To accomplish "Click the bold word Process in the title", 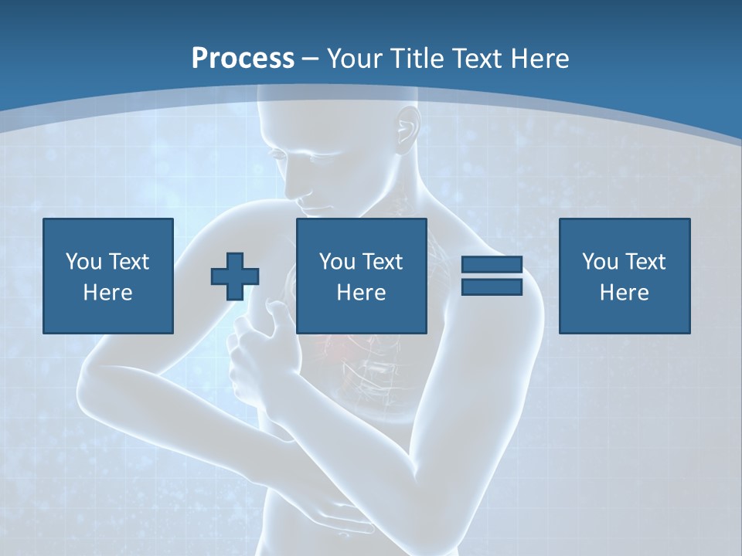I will tap(243, 58).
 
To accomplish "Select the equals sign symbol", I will tap(492, 276).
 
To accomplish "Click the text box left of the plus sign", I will tap(108, 276).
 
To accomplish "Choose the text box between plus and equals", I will tap(362, 276).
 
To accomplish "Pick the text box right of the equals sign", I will tap(625, 276).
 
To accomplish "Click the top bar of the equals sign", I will tap(492, 265).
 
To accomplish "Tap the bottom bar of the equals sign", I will tap(492, 286).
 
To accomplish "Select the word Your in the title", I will tap(351, 58).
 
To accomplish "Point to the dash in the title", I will tap(311, 58).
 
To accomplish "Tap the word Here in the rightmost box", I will tap(625, 293).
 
